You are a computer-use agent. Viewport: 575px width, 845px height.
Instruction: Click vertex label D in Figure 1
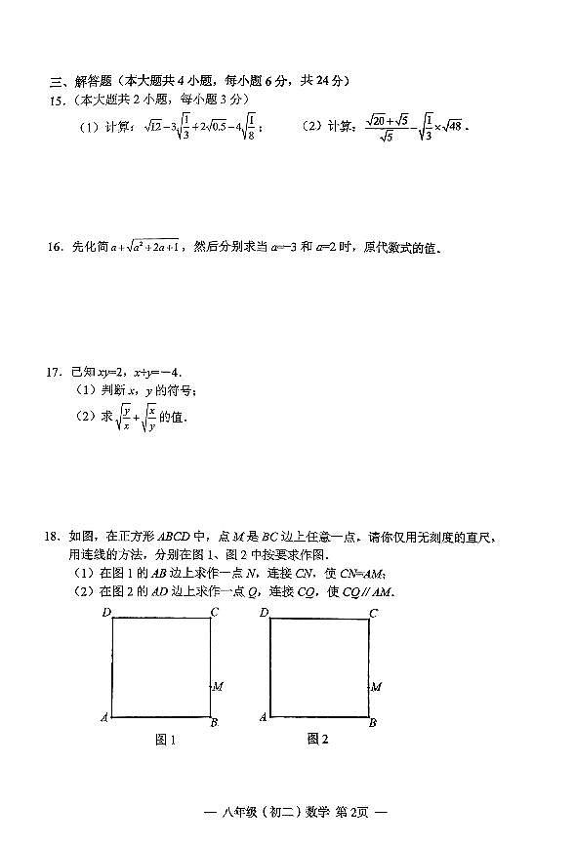tap(105, 612)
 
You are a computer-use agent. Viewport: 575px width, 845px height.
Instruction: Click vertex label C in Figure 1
tap(215, 612)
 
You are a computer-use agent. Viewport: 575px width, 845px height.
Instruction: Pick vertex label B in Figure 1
tap(215, 722)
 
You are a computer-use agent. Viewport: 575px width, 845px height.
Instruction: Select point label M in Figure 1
tap(219, 686)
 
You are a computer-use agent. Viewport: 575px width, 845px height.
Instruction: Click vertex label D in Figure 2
tap(264, 612)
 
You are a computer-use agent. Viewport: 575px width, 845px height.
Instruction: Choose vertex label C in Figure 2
tap(373, 613)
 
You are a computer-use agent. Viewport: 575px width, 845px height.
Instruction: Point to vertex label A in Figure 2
tap(263, 717)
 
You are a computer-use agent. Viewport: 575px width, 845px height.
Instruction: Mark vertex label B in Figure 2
tap(373, 722)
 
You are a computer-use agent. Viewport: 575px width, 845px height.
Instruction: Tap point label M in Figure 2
tap(377, 687)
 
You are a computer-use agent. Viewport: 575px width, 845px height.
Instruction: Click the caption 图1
tap(166, 740)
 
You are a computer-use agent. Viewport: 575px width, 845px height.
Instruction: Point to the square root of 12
tap(151, 126)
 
